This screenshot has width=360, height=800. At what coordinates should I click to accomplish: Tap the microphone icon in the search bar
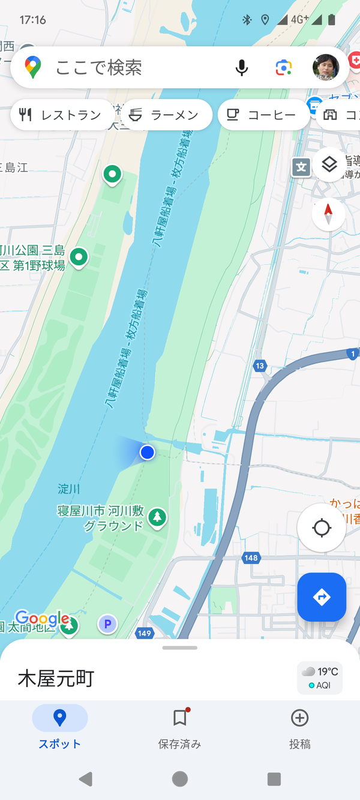tap(242, 67)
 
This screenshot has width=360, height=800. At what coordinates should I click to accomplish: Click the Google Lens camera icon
tap(284, 67)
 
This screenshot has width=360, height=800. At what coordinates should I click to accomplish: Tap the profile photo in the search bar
tap(326, 67)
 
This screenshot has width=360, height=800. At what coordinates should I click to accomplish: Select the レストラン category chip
tap(61, 115)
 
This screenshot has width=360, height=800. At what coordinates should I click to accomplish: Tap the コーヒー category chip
tap(263, 115)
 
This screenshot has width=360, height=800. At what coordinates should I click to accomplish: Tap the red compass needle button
tap(329, 214)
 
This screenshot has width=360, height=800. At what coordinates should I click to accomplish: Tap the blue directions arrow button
tap(322, 597)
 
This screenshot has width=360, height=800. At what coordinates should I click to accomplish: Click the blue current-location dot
tap(148, 453)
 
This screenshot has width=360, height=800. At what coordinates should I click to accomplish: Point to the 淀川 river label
tap(69, 489)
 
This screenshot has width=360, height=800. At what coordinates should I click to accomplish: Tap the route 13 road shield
tap(260, 365)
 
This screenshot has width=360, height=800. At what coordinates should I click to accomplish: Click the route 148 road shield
tap(251, 558)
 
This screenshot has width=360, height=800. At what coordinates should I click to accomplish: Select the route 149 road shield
tap(145, 633)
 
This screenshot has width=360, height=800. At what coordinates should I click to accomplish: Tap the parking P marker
tap(107, 625)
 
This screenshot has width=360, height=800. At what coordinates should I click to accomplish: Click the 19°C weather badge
tap(320, 678)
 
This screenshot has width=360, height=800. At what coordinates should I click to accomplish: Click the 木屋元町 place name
tap(56, 679)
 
